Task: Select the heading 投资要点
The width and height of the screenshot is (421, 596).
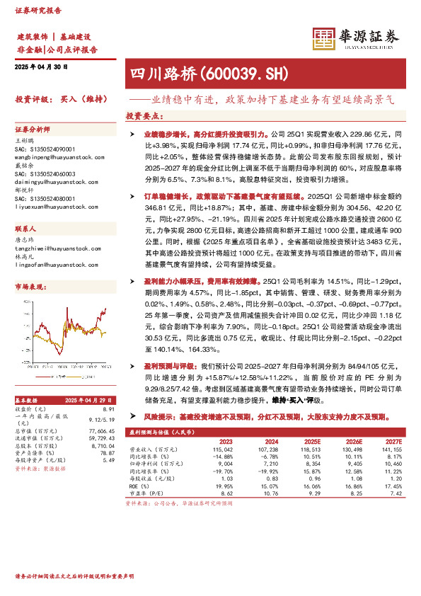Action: [144, 115]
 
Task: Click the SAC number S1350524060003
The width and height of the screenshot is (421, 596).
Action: [45, 173]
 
